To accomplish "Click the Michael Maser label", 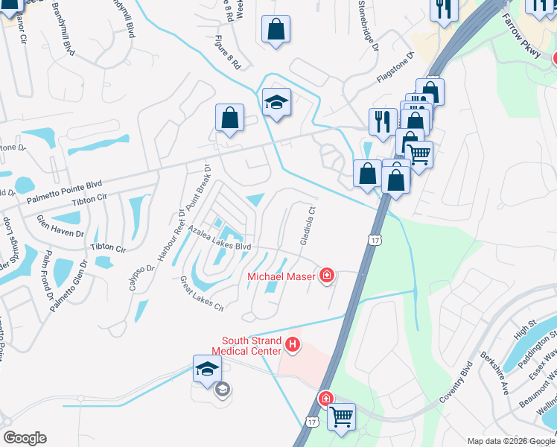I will coord(281,277).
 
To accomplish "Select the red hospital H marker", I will coord(293,345).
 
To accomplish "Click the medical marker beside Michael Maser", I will coord(326,277).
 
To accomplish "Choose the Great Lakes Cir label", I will coord(202,293).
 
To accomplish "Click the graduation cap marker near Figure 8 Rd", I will coord(276,103).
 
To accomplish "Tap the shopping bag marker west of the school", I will coord(229,118).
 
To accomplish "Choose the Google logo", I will coord(25,438).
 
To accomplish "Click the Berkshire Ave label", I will coord(494,373).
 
